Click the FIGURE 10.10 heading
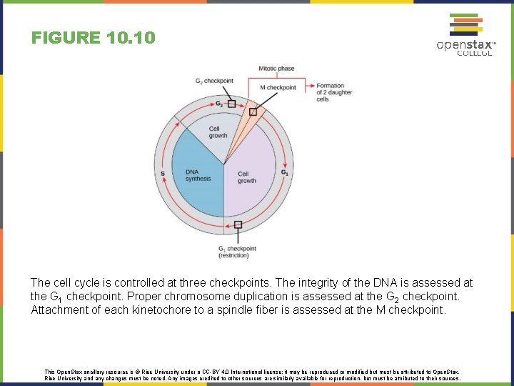tap(93, 38)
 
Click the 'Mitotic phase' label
tap(276, 69)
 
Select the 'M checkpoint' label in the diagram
tap(278, 87)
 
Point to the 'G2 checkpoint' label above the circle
tap(214, 81)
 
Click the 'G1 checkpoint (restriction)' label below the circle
tap(238, 252)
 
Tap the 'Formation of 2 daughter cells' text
tap(330, 93)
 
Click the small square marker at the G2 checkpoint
tap(231, 104)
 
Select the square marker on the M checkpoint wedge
tap(253, 112)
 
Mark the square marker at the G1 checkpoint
tap(238, 224)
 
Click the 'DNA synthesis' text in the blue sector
tap(198, 175)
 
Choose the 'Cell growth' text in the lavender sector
tap(247, 177)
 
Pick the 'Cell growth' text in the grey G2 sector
tap(218, 132)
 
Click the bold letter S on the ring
tap(163, 173)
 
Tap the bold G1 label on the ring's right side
tap(284, 172)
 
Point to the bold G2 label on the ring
tap(219, 104)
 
